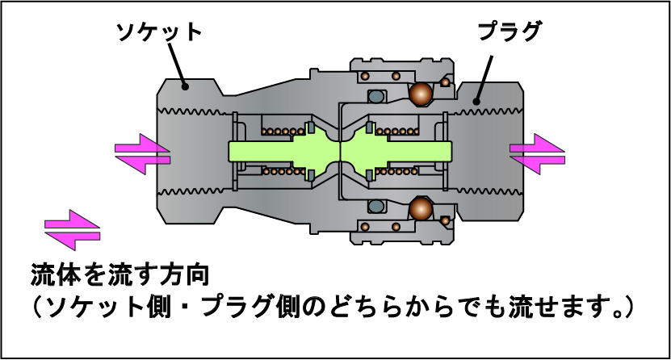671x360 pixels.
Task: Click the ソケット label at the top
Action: pyautogui.click(x=158, y=33)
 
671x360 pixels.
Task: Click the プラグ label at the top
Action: pyautogui.click(x=509, y=32)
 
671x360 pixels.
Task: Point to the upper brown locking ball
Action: pyautogui.click(x=421, y=94)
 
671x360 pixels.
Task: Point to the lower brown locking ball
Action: pyautogui.click(x=421, y=210)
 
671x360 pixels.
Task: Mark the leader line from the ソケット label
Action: pyautogui.click(x=176, y=65)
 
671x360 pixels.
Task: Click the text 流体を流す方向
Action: pyautogui.click(x=121, y=274)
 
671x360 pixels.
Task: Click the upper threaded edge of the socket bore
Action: pyautogui.click(x=194, y=111)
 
